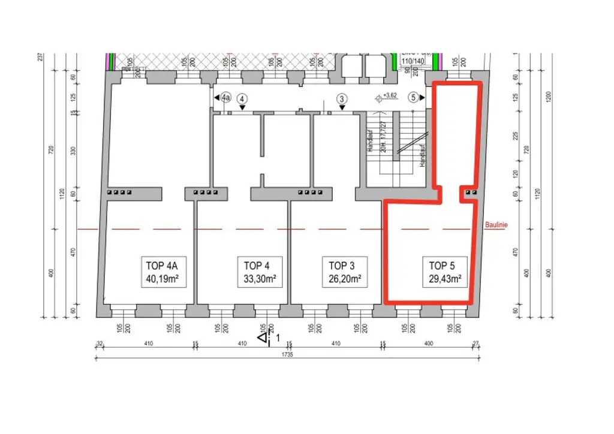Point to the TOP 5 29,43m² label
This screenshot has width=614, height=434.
pos(444,273)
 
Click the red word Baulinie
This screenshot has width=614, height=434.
pos(496,225)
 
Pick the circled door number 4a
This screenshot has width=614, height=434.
pos(225,97)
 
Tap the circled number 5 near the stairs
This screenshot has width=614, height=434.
pos(413,97)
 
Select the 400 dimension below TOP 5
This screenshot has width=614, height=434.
pos(428,344)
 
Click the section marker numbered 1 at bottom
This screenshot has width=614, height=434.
pos(265,339)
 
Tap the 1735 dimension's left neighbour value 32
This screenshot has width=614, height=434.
pos(100,344)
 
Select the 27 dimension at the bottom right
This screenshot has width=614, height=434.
pos(476,344)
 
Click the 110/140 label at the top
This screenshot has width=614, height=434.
pos(413,61)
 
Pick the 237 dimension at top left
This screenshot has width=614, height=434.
pos(40,58)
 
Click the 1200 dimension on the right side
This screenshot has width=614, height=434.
pos(549,97)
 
